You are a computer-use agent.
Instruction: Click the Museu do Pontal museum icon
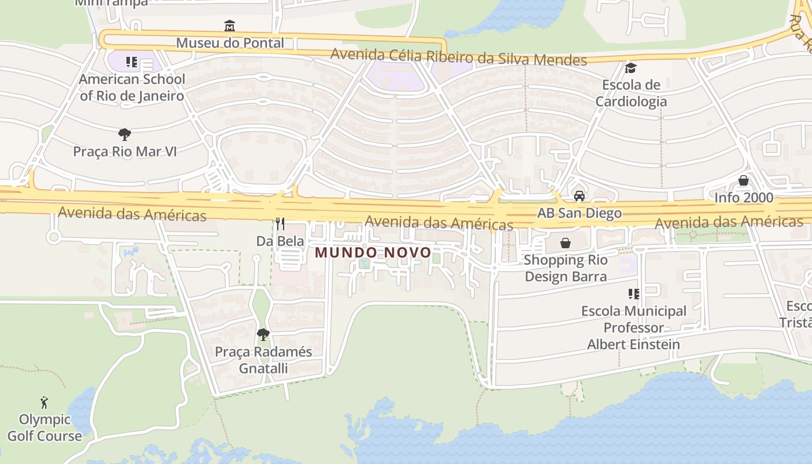point(230,26)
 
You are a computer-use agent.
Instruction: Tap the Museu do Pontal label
point(230,43)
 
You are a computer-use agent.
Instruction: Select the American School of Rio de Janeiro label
point(132,88)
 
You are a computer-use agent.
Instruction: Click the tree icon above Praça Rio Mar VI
point(124,135)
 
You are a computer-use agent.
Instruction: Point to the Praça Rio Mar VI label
point(124,152)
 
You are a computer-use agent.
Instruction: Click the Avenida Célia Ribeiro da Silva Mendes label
point(458,57)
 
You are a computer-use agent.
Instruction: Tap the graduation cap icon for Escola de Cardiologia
point(630,68)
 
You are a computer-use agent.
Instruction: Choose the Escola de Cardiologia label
point(631,93)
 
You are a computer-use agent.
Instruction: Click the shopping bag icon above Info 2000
point(744,180)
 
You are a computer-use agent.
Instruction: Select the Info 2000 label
point(744,198)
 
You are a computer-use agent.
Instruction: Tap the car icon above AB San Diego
point(579,195)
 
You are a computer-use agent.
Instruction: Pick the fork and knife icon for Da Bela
point(280,223)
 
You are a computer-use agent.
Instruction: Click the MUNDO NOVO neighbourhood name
point(373,252)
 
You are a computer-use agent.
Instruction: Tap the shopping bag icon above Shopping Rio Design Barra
point(565,243)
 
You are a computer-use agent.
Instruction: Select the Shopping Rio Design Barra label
point(565,268)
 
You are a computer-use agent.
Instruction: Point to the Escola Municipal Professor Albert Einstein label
point(633,328)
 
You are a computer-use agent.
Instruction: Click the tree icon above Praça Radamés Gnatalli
point(263,334)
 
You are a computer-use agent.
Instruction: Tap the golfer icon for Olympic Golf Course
point(44,402)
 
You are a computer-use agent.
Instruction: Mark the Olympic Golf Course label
point(44,427)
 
